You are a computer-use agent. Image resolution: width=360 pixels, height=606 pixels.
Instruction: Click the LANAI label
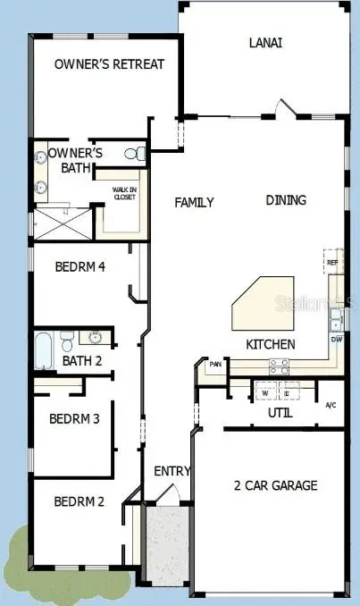click(x=266, y=42)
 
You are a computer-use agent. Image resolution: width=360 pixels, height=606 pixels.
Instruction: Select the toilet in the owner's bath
click(x=135, y=155)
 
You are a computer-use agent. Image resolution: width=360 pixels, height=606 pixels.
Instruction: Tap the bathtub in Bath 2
click(x=45, y=349)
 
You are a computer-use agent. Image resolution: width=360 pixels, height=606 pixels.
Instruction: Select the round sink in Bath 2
click(x=96, y=337)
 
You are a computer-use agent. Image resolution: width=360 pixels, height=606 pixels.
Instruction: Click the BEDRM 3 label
click(x=74, y=418)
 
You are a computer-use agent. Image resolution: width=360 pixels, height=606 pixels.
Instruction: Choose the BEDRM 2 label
click(x=80, y=501)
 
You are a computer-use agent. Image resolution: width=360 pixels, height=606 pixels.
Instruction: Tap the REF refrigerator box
click(x=332, y=262)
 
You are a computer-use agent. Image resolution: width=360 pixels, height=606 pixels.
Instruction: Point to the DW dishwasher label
click(x=337, y=340)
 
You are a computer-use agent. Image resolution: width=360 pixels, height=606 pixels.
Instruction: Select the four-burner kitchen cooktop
click(x=279, y=365)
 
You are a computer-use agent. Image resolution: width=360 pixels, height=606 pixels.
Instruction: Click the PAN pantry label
click(x=215, y=365)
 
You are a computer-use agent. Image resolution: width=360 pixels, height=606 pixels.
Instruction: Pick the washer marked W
click(x=264, y=391)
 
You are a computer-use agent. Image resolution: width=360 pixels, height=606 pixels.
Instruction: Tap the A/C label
click(x=330, y=405)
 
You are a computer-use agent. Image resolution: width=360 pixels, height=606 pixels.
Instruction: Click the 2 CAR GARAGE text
click(x=276, y=485)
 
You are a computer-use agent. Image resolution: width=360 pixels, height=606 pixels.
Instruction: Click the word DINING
click(x=286, y=200)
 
